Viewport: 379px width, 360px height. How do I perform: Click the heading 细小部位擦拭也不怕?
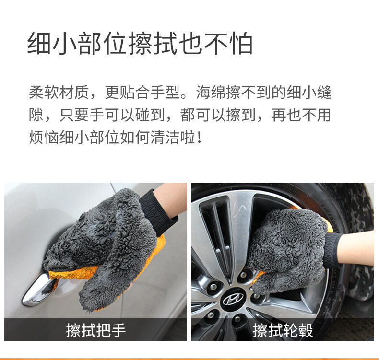[x=140, y=43]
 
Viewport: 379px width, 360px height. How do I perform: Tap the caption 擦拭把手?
[x=96, y=330]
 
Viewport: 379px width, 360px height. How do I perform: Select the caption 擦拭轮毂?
[x=283, y=330]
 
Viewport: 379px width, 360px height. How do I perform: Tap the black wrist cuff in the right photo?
[x=333, y=251]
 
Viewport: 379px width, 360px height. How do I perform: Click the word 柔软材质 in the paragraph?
[x=59, y=92]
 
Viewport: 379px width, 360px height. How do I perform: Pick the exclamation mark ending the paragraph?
[x=199, y=138]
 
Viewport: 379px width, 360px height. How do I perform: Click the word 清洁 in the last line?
[x=165, y=138]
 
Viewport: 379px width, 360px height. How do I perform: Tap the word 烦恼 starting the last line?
[x=44, y=138]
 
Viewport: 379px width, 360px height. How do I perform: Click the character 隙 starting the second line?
[x=36, y=115]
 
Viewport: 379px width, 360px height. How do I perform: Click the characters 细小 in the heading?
[x=52, y=43]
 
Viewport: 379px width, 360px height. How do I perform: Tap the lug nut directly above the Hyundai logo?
[x=243, y=275]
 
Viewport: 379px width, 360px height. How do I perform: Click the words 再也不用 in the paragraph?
[x=301, y=115]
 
